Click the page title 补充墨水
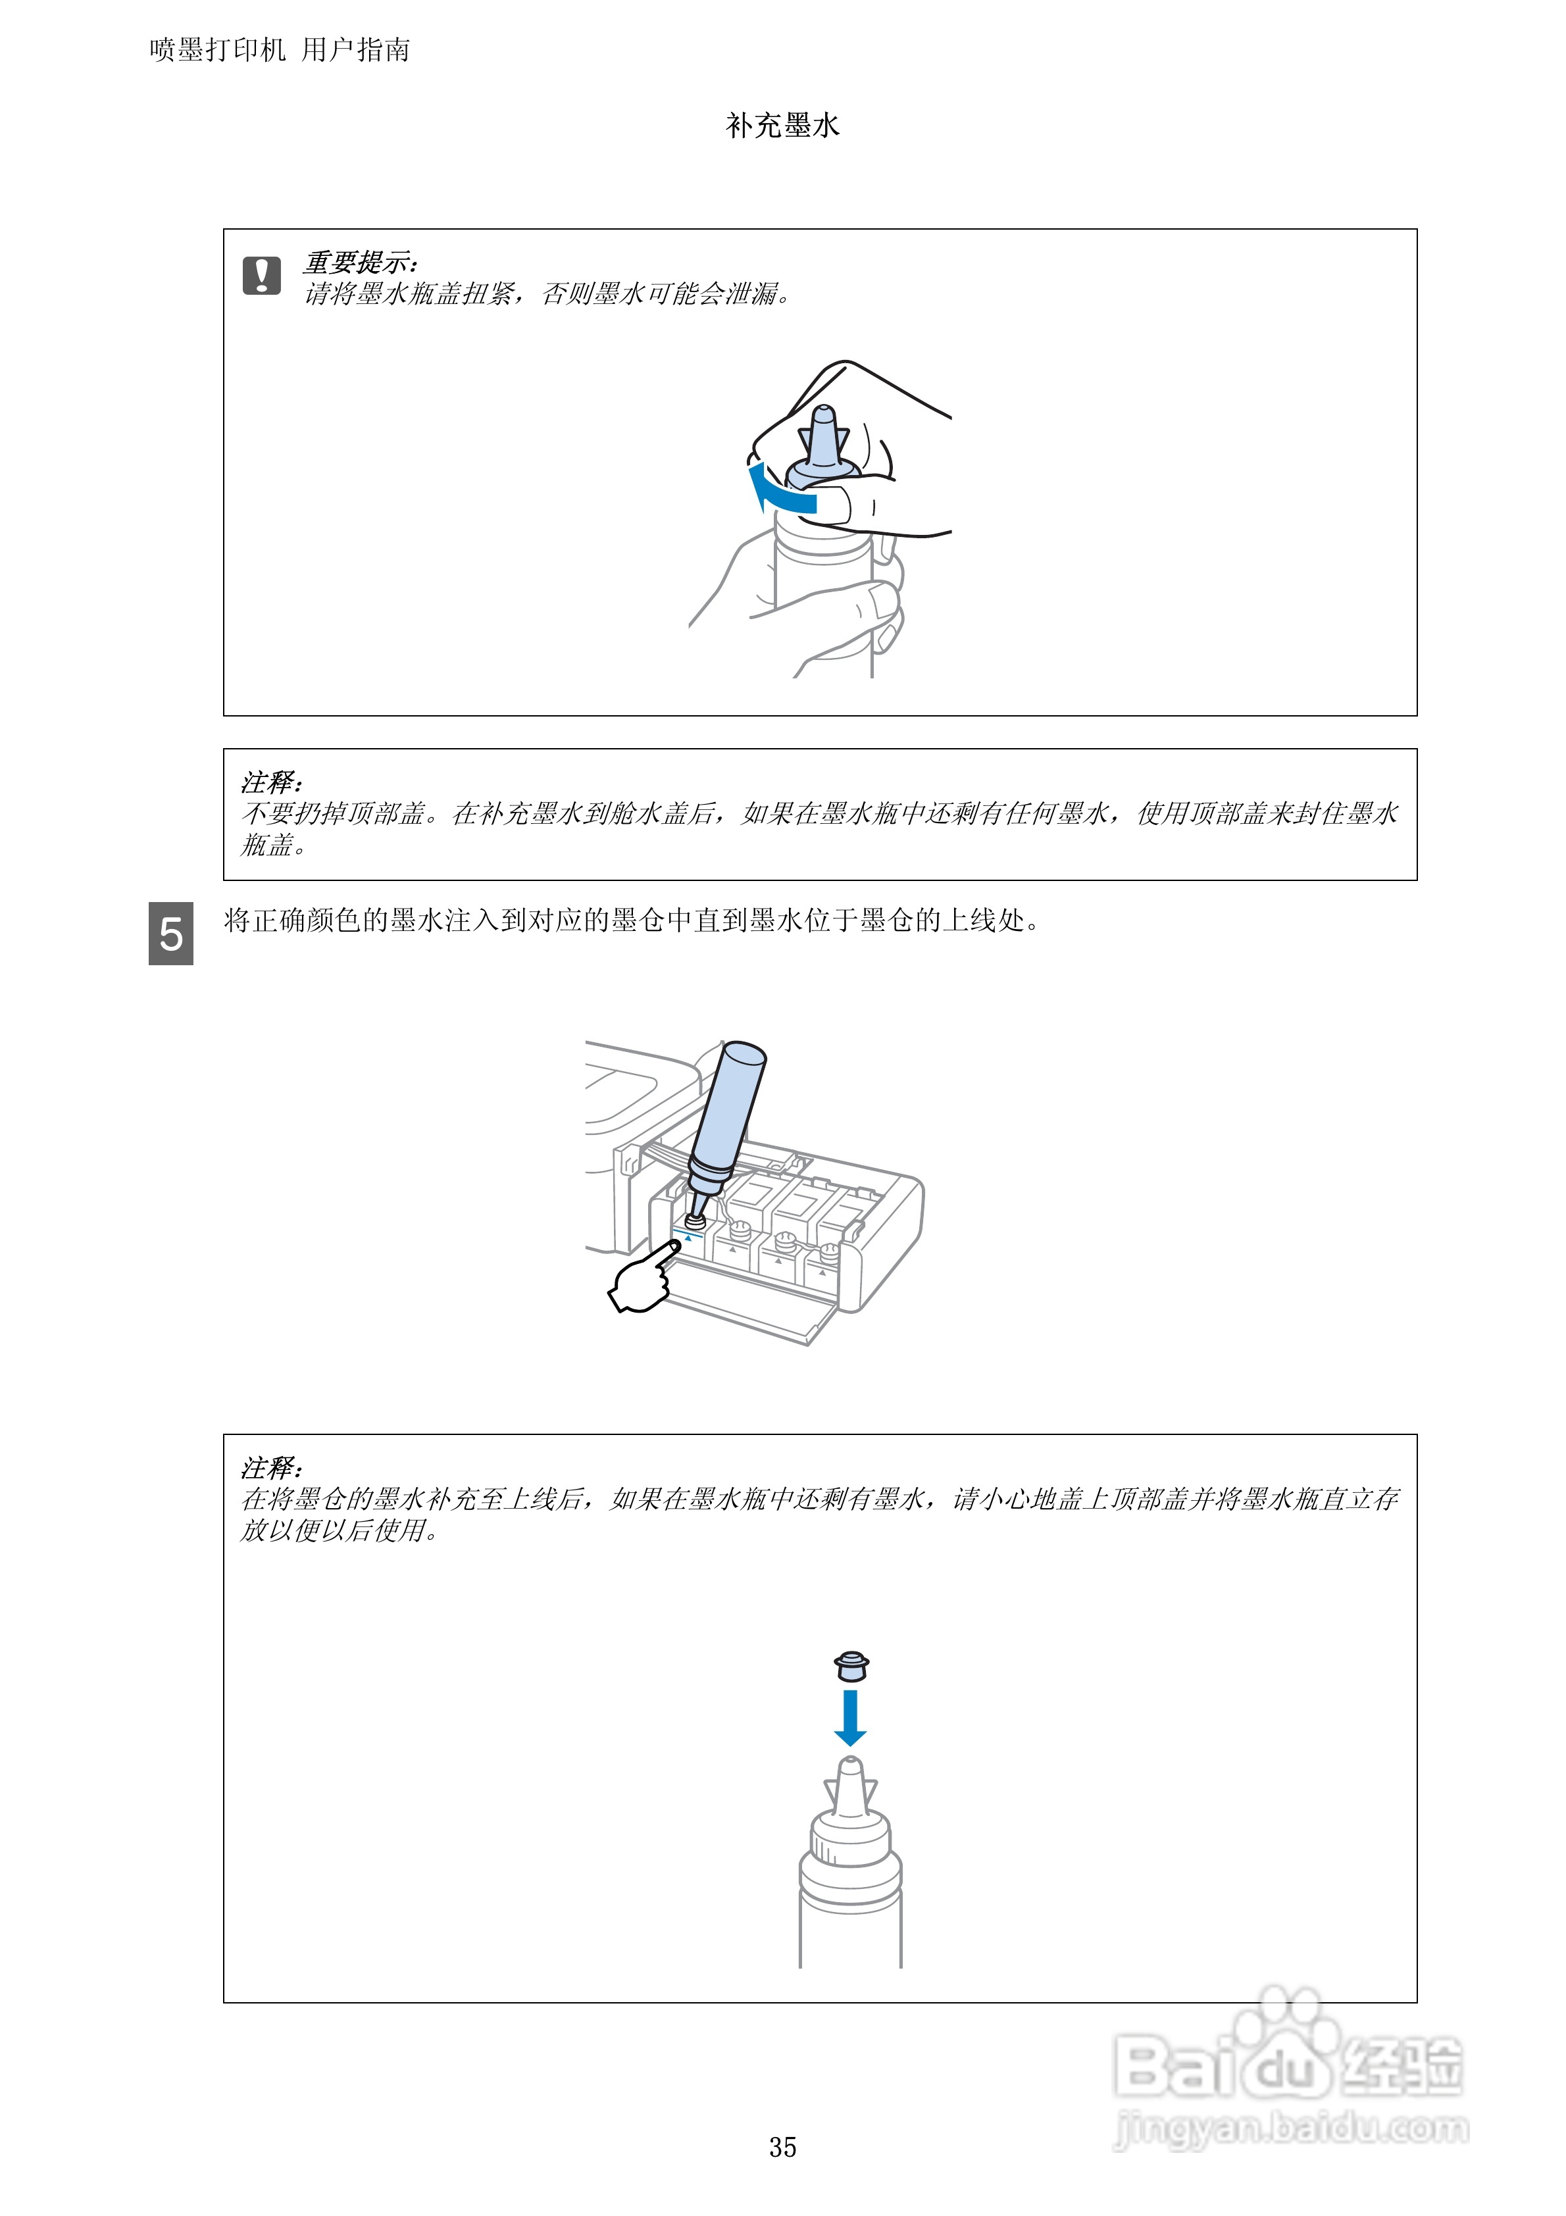coord(782,126)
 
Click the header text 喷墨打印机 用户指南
coord(280,50)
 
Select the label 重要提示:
coord(360,263)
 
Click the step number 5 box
coord(171,933)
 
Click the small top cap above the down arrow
coord(851,1665)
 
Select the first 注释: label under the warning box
coord(271,782)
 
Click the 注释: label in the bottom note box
coord(271,1468)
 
